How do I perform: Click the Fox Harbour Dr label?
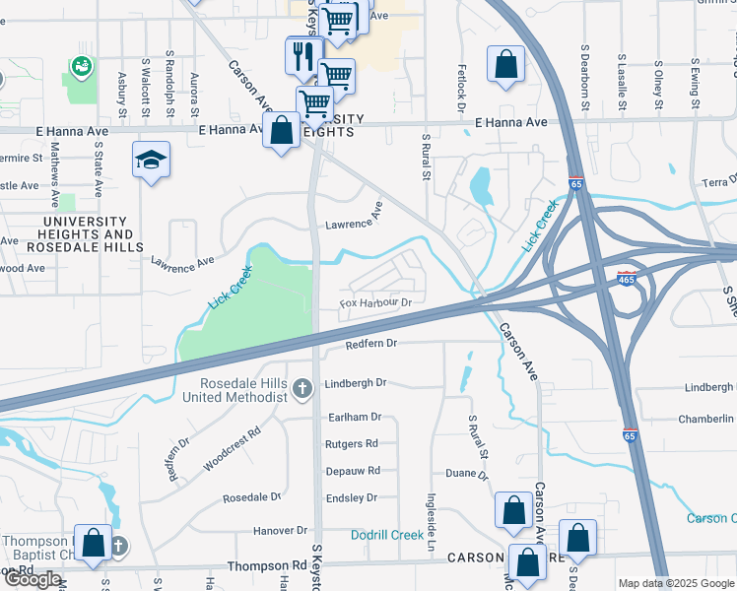tap(375, 302)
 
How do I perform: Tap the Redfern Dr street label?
tap(370, 344)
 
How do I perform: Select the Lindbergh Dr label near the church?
tap(356, 382)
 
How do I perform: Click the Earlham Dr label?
tap(354, 418)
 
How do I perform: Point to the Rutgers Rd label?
tap(351, 444)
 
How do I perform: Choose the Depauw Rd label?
tap(353, 471)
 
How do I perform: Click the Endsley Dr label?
tap(352, 498)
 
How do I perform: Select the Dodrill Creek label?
tap(387, 535)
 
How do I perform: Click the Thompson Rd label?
tap(267, 566)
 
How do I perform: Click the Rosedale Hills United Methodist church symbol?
tap(303, 390)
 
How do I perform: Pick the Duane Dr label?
tap(468, 474)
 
